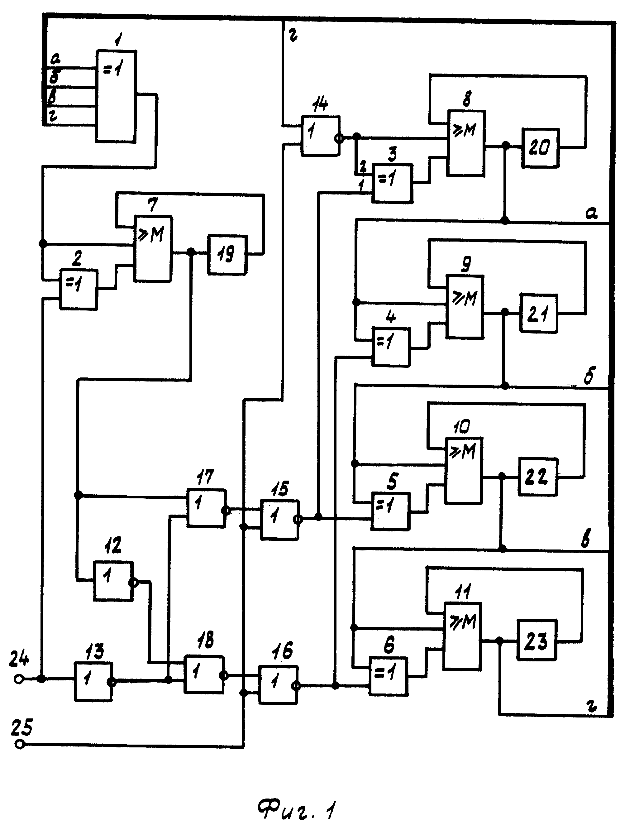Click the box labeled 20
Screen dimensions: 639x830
pyautogui.click(x=540, y=148)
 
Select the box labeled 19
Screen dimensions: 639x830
pyautogui.click(x=227, y=254)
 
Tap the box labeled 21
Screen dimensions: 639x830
pyautogui.click(x=539, y=313)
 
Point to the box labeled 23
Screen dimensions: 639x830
pyautogui.click(x=536, y=640)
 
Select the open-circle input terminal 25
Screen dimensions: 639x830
pyautogui.click(x=20, y=744)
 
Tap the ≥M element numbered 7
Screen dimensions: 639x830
pyautogui.click(x=152, y=249)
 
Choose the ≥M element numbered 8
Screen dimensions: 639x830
pyautogui.click(x=466, y=143)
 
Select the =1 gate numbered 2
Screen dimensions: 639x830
pyautogui.click(x=78, y=289)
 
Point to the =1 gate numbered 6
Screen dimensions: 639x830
pyautogui.click(x=388, y=676)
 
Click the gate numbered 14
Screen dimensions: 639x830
pyautogui.click(x=320, y=136)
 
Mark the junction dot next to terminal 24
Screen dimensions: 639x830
pyautogui.click(x=41, y=678)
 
